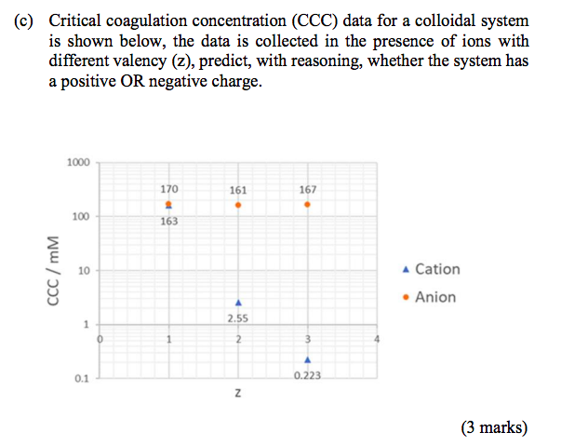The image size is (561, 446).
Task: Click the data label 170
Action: tap(168, 188)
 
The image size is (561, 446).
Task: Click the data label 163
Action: tap(168, 222)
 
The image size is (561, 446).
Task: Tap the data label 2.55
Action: tap(238, 318)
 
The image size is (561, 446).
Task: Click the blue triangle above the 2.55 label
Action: tap(238, 303)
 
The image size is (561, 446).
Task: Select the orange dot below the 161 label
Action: tap(238, 204)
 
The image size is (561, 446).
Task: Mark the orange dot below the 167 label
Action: tap(307, 204)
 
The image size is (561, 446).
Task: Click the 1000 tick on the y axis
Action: tap(78, 162)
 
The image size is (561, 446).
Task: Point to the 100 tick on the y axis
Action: tap(81, 216)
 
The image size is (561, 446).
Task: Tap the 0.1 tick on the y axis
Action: tap(82, 379)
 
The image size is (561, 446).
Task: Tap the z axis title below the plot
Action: tap(237, 398)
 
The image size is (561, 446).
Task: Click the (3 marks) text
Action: tap(493, 428)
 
